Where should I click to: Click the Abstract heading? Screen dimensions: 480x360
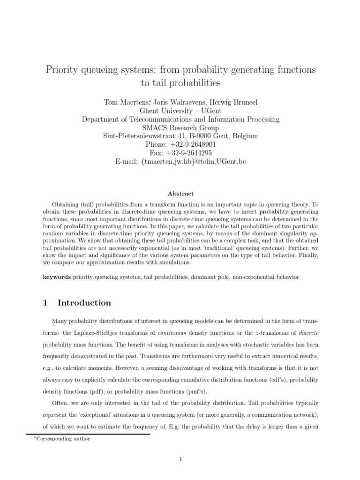(180, 194)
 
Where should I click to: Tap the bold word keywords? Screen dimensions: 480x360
(56, 277)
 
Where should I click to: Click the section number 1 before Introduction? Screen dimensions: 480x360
(45, 303)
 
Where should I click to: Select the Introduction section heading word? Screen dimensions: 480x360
(84, 303)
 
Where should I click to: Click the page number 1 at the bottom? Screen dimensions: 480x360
(180, 460)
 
